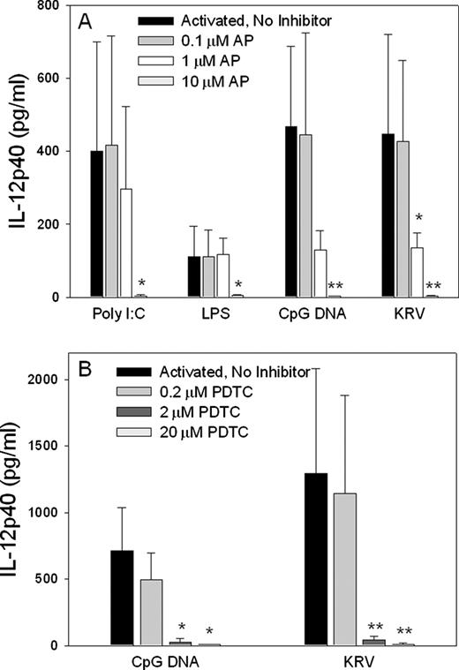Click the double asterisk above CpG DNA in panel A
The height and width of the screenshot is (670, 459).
(335, 286)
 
